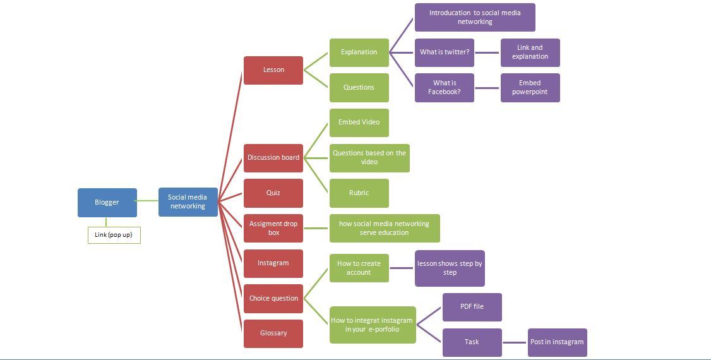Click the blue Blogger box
(107, 202)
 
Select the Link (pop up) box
(114, 235)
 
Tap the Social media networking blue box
(188, 202)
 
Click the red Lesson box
(273, 70)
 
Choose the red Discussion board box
(273, 157)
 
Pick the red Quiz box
(273, 193)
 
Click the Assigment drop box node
(273, 228)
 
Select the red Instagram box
(273, 263)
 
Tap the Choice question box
(273, 298)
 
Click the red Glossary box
(273, 333)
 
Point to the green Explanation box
(359, 52)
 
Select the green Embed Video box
(359, 123)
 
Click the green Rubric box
(359, 193)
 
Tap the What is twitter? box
(445, 52)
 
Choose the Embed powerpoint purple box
(530, 88)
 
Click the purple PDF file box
(472, 307)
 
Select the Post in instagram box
(558, 342)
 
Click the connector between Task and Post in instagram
(515, 342)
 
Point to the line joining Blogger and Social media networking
(147, 201)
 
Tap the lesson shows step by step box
(450, 268)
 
